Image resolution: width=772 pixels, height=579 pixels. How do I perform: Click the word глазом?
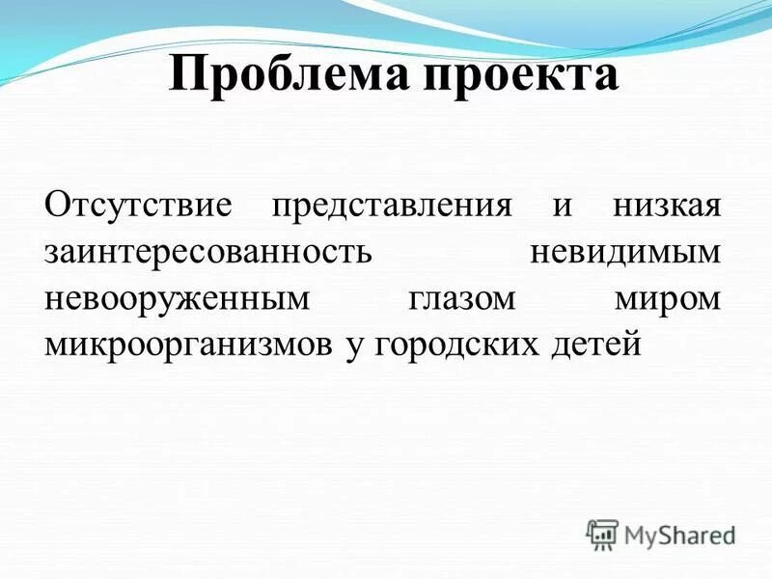[461, 299]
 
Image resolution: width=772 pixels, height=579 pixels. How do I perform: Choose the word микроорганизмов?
[188, 345]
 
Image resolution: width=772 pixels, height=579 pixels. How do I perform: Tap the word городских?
[449, 345]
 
